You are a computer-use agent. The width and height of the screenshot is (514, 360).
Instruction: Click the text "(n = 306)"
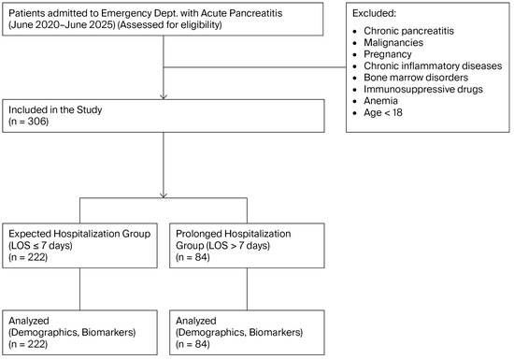[29, 122]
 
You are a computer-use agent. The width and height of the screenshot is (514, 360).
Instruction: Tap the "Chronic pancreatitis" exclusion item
[408, 31]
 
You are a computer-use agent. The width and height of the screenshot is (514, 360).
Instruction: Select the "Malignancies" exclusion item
[393, 43]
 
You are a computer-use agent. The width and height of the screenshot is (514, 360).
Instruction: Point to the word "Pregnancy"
[388, 54]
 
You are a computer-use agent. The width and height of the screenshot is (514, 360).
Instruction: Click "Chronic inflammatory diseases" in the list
[433, 65]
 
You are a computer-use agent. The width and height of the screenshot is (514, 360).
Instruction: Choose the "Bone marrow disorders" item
[416, 78]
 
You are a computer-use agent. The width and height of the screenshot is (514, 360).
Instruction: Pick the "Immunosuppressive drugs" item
[423, 89]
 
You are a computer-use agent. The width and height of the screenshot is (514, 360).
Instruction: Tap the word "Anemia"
[380, 101]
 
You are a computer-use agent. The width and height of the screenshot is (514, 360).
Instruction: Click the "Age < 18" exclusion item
[383, 112]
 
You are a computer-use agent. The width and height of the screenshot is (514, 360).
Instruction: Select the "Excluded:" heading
[374, 13]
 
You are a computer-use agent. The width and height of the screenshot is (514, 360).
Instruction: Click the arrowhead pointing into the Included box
[164, 97]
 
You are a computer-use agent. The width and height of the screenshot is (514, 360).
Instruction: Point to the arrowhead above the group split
[164, 195]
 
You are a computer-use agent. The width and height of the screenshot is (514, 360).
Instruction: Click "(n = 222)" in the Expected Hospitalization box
[28, 257]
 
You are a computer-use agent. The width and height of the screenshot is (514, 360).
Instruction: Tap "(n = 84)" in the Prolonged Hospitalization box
[193, 257]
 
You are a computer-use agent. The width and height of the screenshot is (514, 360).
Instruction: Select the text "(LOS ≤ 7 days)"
[40, 245]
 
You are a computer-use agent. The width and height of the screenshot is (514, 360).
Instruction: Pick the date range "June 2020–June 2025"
[62, 25]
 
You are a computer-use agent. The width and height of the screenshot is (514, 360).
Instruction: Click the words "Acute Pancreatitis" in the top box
[241, 13]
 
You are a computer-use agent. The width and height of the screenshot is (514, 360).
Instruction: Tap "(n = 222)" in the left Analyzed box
[28, 344]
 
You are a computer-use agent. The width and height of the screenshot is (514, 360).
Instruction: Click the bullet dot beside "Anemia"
[355, 102]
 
